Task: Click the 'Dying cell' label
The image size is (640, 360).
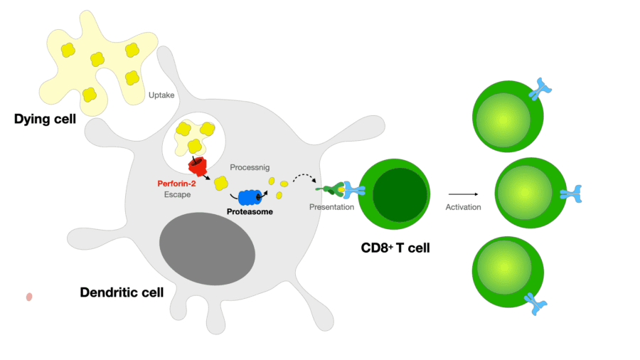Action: click(x=45, y=119)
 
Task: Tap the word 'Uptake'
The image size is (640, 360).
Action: click(x=161, y=95)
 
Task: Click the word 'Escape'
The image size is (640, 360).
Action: click(x=177, y=194)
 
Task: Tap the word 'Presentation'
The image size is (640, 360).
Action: click(x=331, y=207)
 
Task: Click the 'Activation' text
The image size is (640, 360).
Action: click(x=463, y=207)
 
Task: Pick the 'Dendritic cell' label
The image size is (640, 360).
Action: click(x=122, y=292)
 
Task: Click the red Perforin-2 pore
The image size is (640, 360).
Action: click(x=197, y=166)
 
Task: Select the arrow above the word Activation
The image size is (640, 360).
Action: click(x=463, y=193)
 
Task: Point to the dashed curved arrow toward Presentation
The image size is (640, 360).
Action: click(x=306, y=178)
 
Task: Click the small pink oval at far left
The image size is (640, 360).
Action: click(x=29, y=297)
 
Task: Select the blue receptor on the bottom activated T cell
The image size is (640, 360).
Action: click(x=536, y=304)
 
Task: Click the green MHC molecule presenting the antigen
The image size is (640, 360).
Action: click(x=331, y=190)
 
